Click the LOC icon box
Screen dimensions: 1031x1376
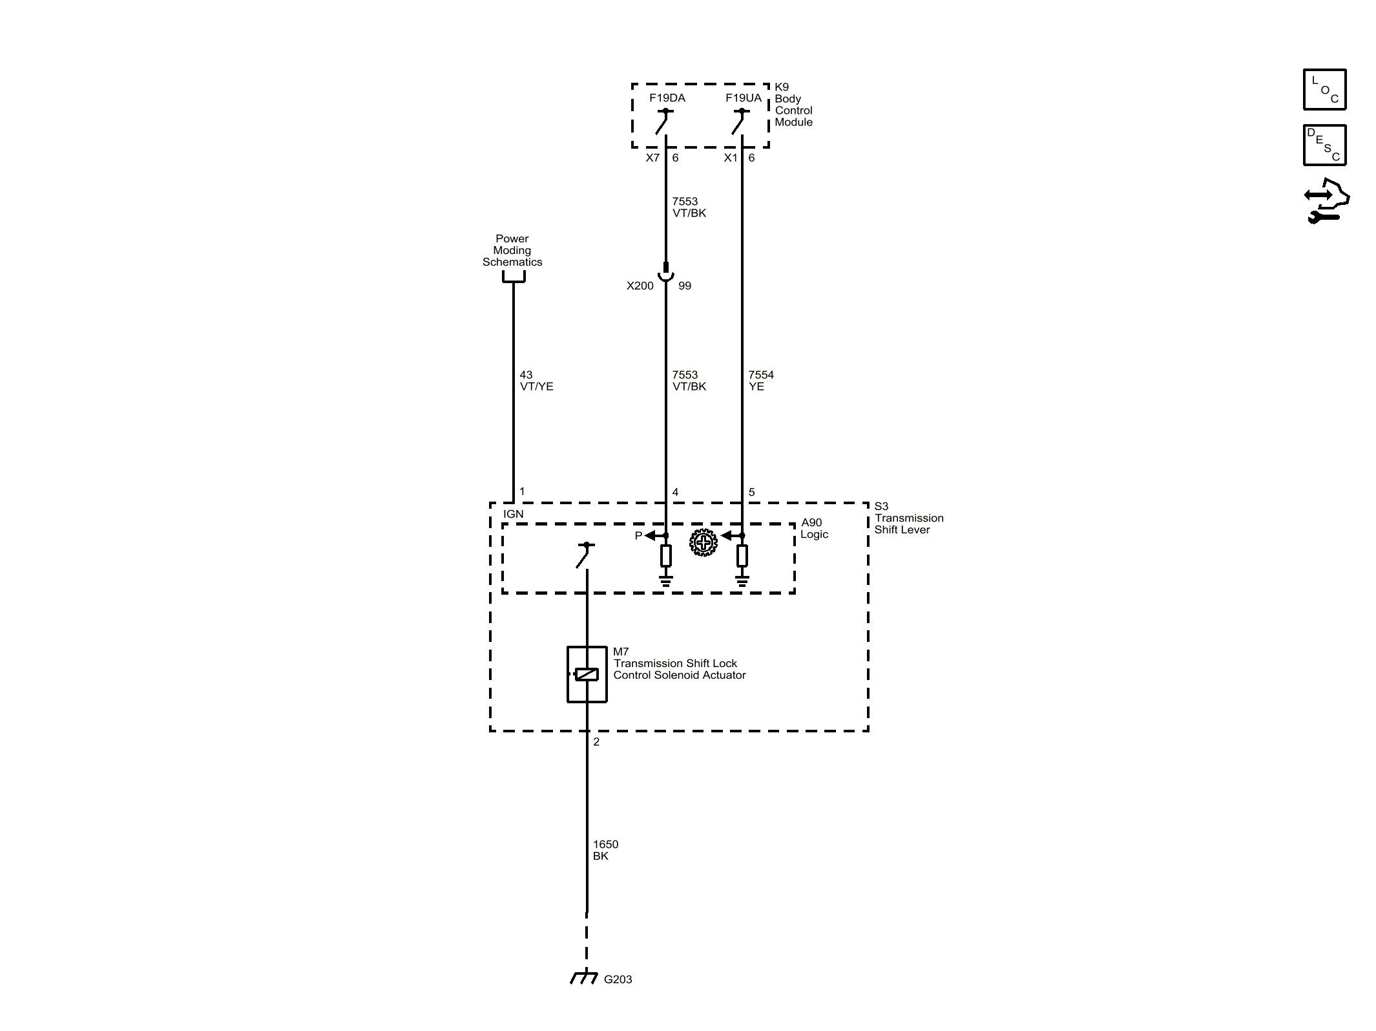(1324, 89)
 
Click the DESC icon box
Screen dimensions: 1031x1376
(1324, 145)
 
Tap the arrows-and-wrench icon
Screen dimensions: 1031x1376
(1326, 201)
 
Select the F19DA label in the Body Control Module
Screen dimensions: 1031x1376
(667, 98)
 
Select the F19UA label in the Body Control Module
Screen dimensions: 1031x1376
(743, 98)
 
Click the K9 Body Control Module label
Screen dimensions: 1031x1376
(793, 105)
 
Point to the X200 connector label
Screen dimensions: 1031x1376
(640, 286)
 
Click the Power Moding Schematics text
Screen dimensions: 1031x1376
(512, 251)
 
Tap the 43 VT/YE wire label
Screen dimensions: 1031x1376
(536, 381)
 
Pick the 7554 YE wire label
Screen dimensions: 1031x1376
(760, 381)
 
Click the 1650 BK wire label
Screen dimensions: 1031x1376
(605, 850)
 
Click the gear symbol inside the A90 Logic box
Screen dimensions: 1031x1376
(703, 542)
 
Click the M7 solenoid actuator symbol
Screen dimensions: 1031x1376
(587, 674)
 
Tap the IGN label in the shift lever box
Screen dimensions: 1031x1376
(514, 515)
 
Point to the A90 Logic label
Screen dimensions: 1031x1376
(813, 529)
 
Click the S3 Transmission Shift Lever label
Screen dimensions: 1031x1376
(908, 518)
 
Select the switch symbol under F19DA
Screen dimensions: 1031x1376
(664, 122)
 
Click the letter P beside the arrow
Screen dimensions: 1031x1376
(638, 536)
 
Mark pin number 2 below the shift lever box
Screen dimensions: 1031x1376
(596, 742)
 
